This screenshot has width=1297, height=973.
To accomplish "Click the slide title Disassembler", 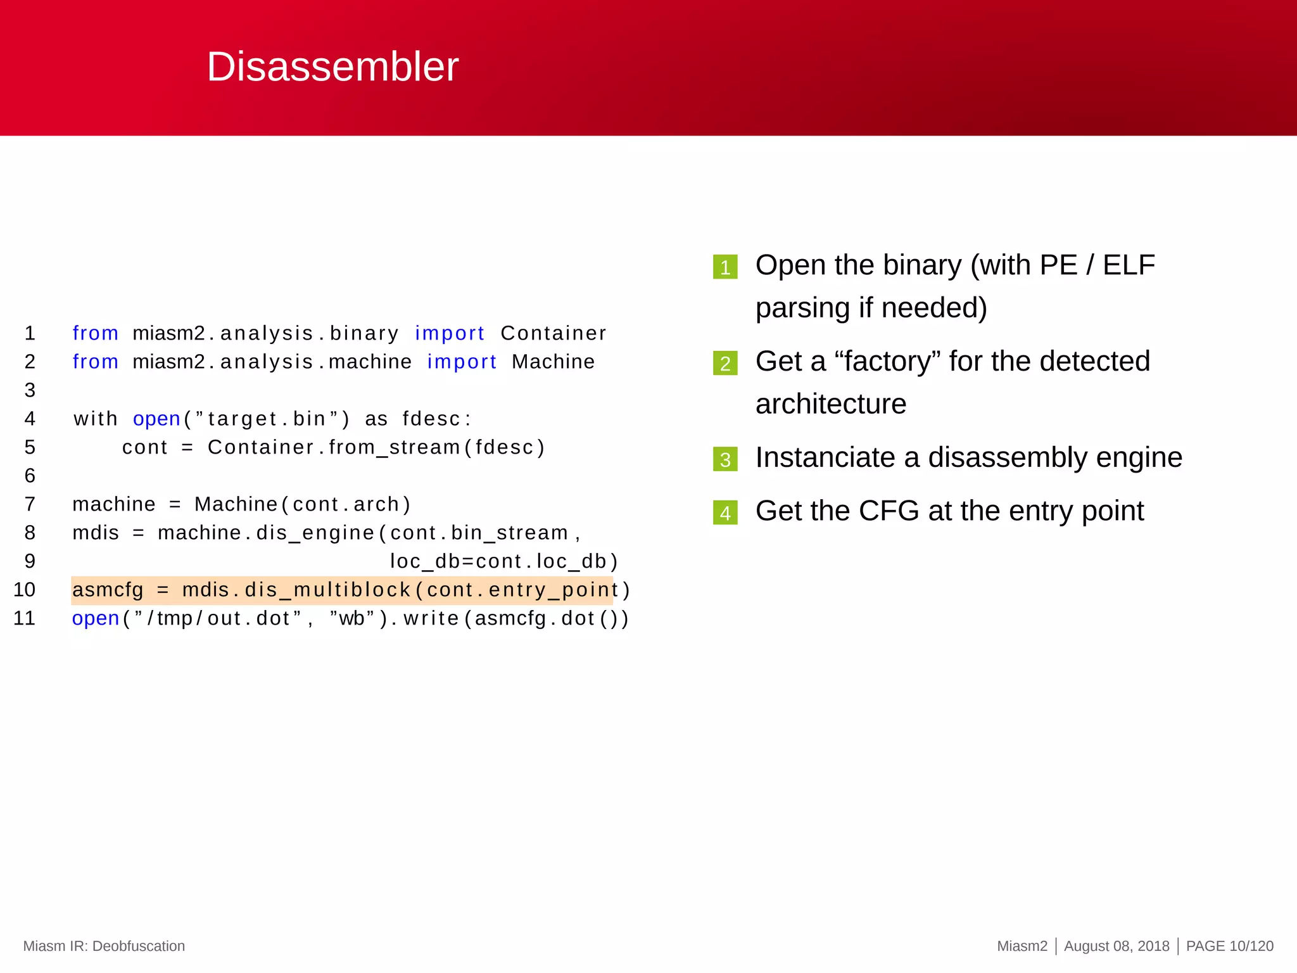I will click(332, 67).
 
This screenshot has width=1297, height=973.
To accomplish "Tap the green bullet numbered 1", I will click(725, 267).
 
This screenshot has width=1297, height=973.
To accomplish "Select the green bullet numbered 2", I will click(725, 363).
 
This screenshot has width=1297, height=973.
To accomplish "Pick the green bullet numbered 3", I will click(725, 459).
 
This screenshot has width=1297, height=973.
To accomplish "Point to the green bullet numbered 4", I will click(725, 512).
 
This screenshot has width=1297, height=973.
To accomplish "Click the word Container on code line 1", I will click(553, 333).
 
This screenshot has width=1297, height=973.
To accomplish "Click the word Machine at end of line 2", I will click(553, 362).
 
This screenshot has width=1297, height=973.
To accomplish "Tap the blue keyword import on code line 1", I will click(450, 333).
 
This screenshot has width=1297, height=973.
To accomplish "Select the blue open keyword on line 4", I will click(156, 419).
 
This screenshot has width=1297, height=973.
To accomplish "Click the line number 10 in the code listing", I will click(25, 590).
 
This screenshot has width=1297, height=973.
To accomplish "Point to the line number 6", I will click(30, 476).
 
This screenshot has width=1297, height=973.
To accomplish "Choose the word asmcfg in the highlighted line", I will click(108, 590).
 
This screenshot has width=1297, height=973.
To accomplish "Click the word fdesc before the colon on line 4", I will click(431, 419).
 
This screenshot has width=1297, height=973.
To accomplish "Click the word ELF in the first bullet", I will click(1129, 265).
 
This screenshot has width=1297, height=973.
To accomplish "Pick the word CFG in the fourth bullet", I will click(889, 511).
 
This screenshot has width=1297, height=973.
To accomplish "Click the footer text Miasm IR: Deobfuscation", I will click(104, 946).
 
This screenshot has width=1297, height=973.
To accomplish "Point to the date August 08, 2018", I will click(1117, 946).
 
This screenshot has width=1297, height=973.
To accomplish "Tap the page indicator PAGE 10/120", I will click(1229, 946).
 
